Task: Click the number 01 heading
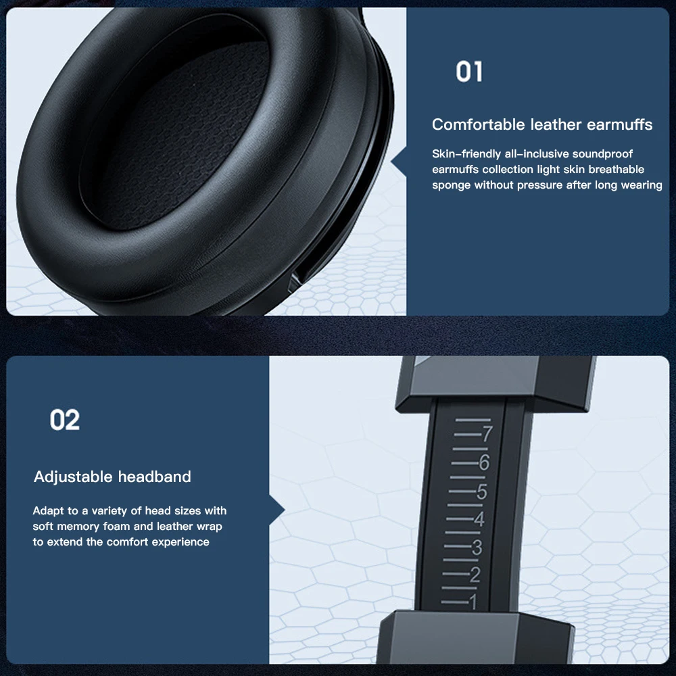468,72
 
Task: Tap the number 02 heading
65,420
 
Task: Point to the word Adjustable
73,477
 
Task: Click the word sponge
452,185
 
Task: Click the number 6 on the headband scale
484,463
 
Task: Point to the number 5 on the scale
481,491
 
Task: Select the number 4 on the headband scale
479,520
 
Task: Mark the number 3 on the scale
477,548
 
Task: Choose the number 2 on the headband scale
475,575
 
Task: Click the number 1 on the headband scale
472,601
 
